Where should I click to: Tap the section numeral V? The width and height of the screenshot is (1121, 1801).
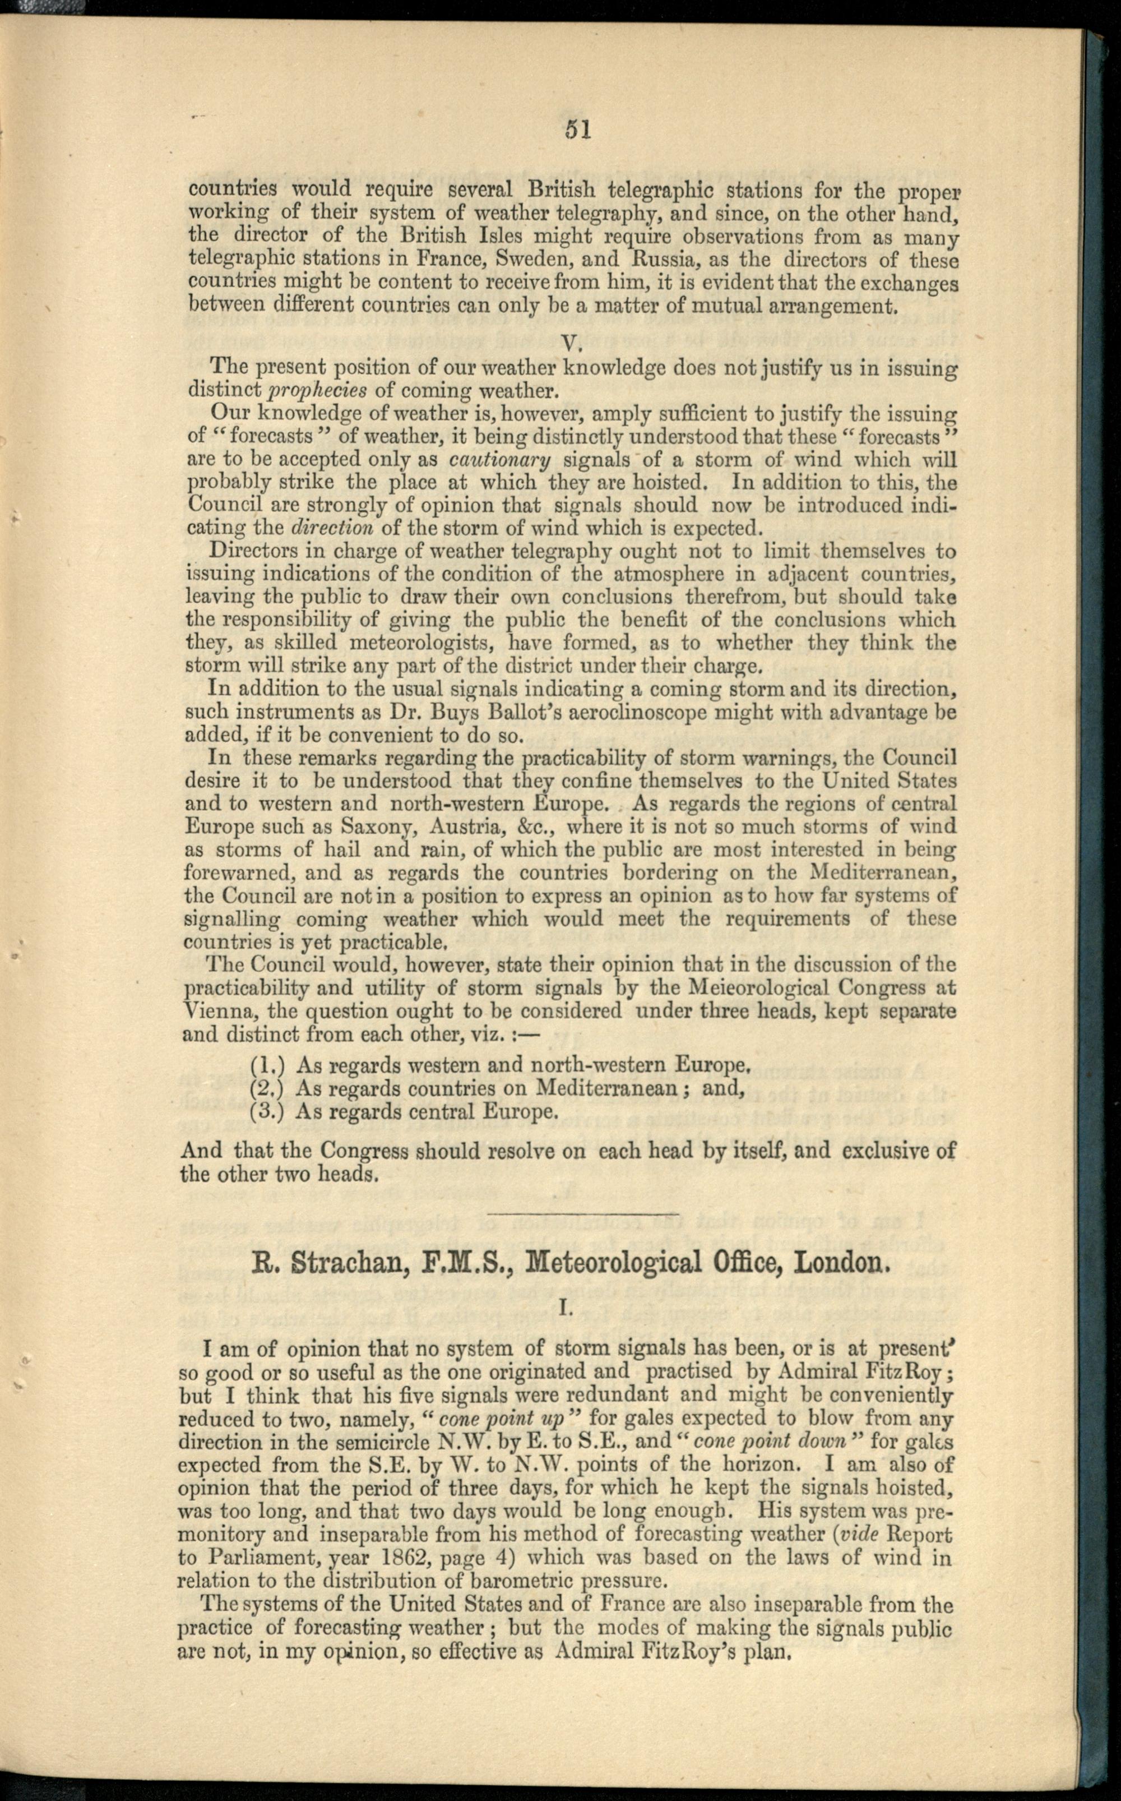point(569,343)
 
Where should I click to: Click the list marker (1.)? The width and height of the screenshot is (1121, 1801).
point(268,1066)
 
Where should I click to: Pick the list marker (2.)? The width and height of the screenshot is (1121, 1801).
point(268,1089)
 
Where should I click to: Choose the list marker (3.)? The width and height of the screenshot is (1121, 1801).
point(268,1112)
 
